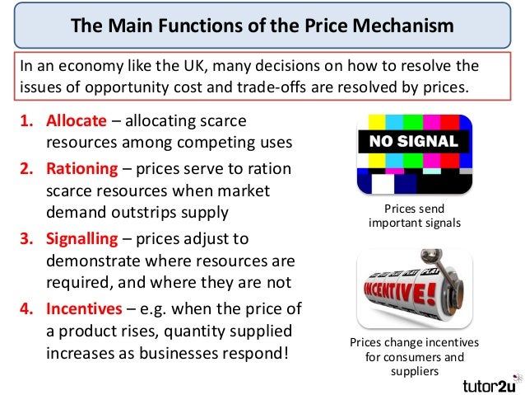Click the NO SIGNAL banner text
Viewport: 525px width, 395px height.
412,141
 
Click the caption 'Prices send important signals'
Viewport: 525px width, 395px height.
414,216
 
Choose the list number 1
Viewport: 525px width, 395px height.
26,121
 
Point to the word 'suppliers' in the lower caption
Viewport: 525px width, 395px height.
413,371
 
